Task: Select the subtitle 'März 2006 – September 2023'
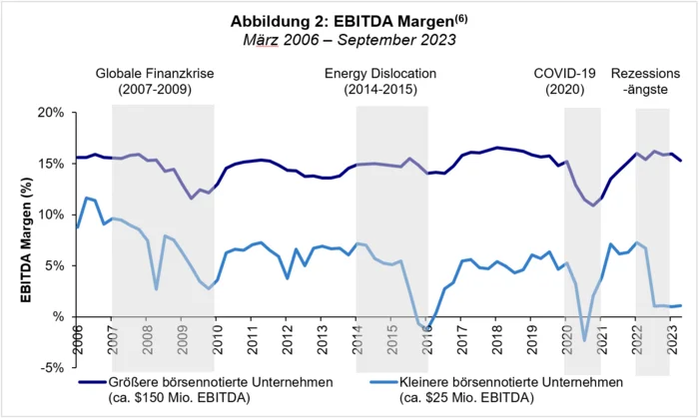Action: (x=349, y=40)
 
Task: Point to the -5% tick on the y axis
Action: (x=49, y=368)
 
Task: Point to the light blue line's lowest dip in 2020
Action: (x=584, y=341)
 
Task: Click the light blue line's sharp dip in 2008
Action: (x=156, y=289)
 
